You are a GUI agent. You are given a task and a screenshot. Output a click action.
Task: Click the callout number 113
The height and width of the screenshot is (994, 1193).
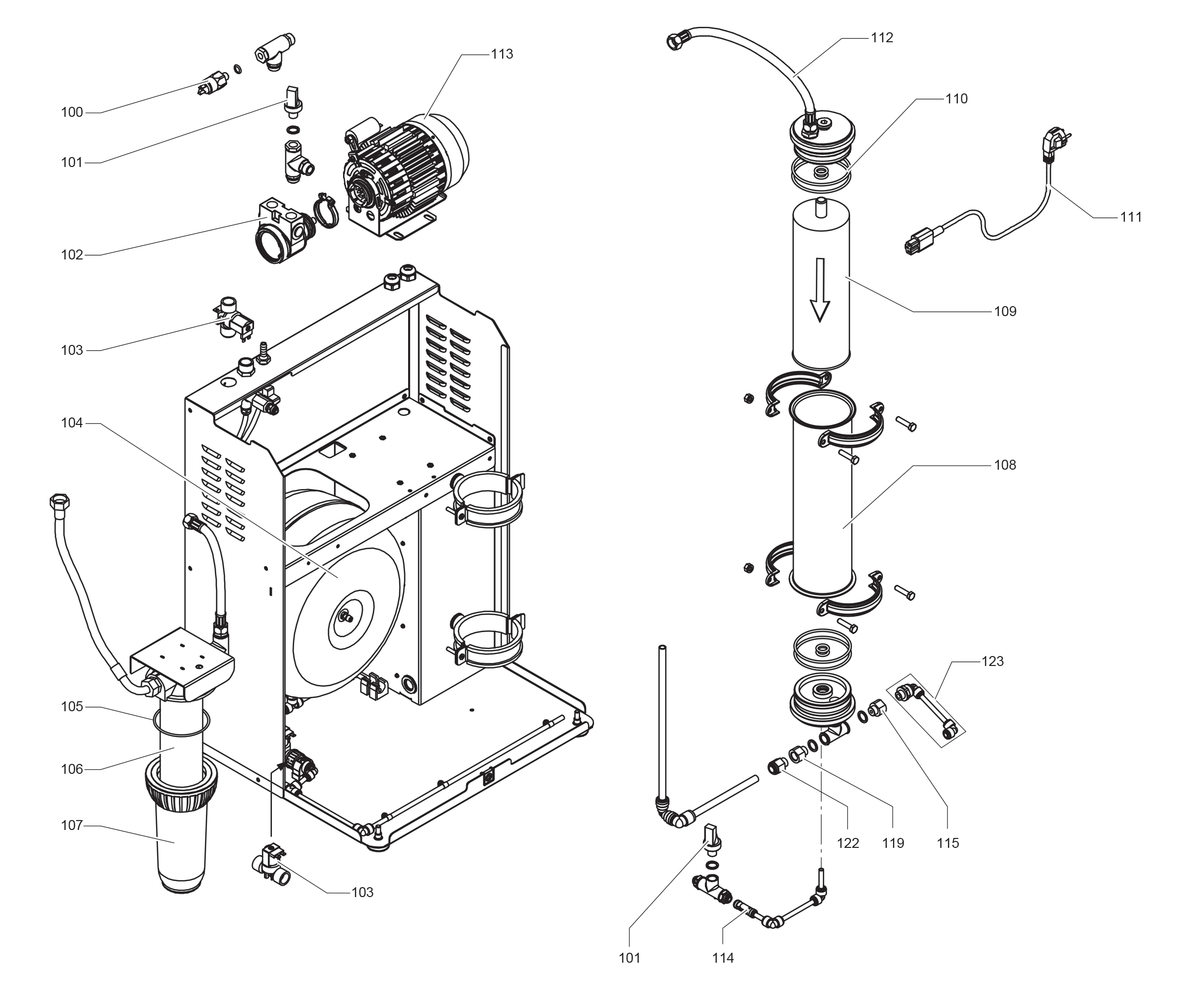pos(502,54)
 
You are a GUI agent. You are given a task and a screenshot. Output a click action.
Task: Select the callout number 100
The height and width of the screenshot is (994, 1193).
pos(72,112)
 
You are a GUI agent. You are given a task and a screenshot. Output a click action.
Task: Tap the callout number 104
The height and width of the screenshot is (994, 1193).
pos(72,423)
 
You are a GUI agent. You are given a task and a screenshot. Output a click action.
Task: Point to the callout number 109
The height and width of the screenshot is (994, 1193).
pos(1005,311)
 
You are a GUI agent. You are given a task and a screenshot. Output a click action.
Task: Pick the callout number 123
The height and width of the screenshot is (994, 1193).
pos(993,662)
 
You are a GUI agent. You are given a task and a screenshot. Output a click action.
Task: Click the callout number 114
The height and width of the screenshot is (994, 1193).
pos(723,958)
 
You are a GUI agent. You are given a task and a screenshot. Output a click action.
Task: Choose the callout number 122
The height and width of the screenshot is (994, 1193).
pos(848,843)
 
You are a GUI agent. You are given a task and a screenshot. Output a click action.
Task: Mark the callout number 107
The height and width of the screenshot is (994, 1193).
pos(72,826)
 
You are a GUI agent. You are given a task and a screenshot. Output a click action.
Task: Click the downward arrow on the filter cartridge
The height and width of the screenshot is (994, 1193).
pos(820,290)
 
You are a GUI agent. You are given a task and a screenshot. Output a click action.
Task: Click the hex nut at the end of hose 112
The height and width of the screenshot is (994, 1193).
pos(677,41)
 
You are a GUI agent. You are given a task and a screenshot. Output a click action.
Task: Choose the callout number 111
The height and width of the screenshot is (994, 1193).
pos(1131,217)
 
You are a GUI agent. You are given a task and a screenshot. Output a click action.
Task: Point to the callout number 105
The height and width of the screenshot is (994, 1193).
pos(72,707)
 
